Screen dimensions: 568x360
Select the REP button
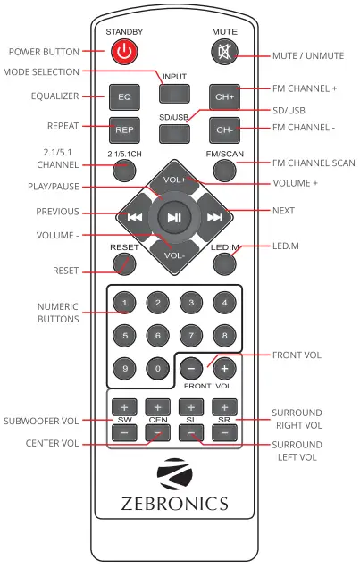point(124,129)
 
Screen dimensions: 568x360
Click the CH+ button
point(224,95)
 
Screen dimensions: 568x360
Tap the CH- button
point(224,129)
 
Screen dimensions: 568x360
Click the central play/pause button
point(174,216)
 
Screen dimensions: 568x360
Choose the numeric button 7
point(191,336)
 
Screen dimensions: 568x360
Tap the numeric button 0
point(157,368)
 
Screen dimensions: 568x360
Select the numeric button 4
point(224,304)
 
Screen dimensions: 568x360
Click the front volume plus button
point(224,368)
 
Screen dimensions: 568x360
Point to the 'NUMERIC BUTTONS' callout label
point(59,311)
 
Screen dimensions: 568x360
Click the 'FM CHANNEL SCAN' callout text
point(314,163)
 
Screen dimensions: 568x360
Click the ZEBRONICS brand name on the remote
point(174,504)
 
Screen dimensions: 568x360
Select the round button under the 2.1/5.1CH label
point(124,169)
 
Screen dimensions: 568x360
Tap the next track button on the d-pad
point(214,216)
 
